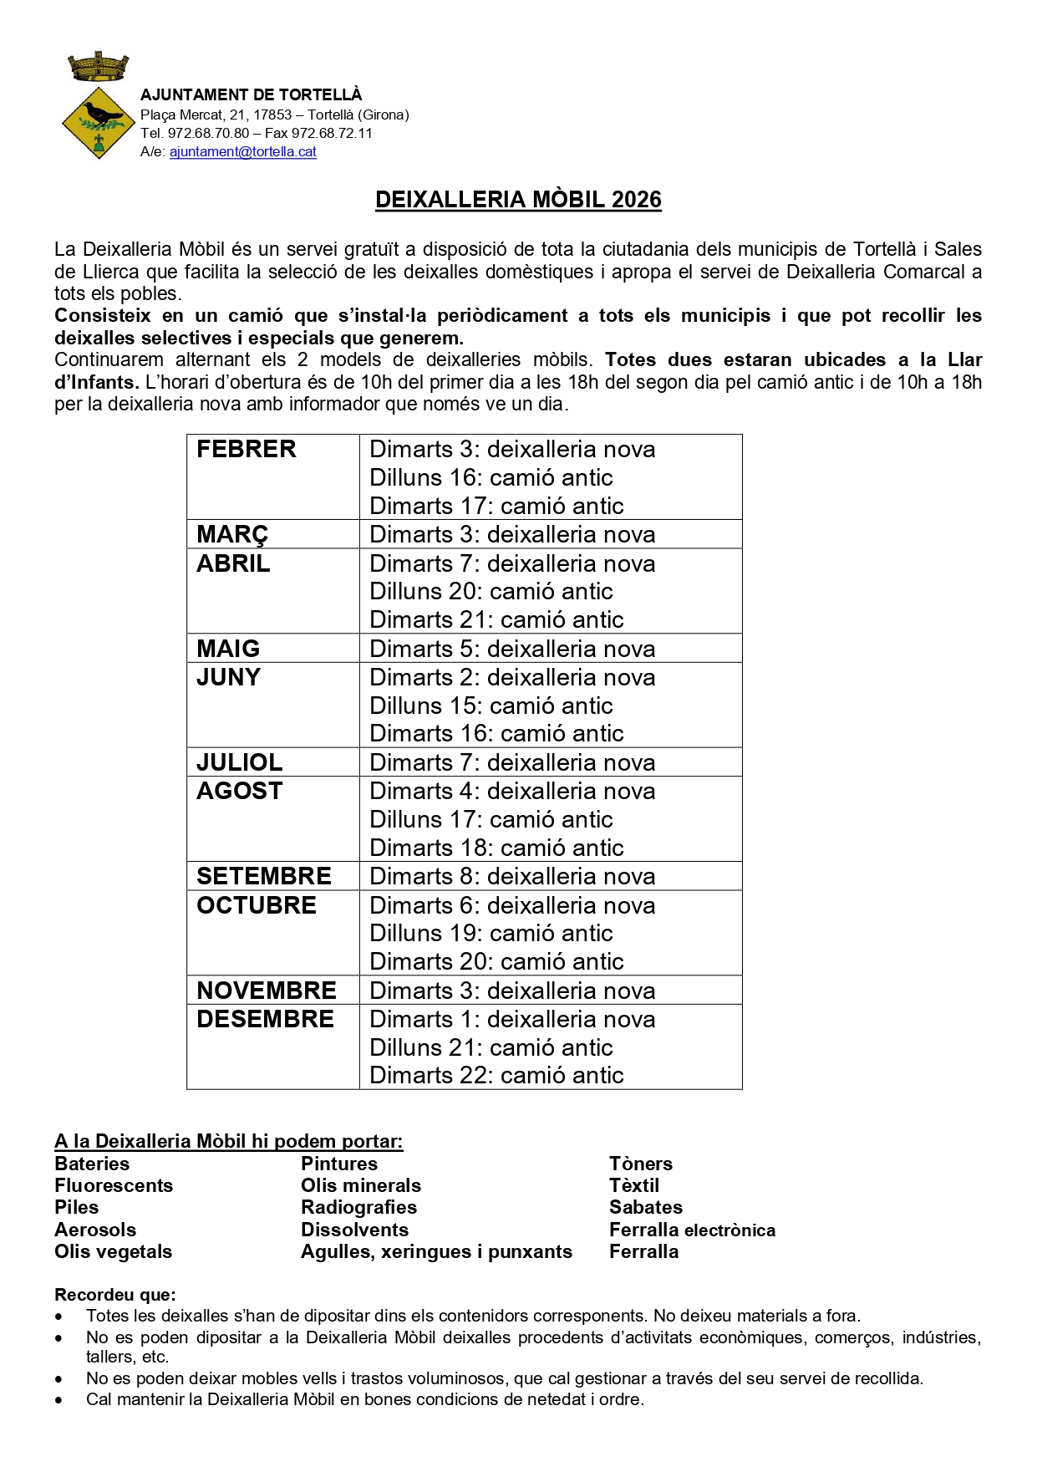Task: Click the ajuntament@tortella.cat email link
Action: tap(243, 152)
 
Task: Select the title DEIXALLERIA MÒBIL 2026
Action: tap(518, 200)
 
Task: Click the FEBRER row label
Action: tap(247, 450)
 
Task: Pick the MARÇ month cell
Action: tap(232, 535)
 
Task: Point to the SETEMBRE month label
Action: tap(264, 877)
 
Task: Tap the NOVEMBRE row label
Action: tap(267, 991)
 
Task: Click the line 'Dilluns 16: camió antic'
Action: tap(491, 478)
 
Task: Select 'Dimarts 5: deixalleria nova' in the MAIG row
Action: tap(512, 649)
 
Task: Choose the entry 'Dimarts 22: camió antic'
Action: tap(496, 1076)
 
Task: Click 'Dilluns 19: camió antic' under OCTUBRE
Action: tap(491, 934)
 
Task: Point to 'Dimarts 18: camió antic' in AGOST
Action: tap(496, 848)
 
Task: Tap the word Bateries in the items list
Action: tap(92, 1164)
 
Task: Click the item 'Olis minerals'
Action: tap(361, 1185)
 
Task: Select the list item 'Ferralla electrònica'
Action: tap(692, 1230)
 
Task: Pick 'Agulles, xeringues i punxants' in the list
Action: tap(436, 1251)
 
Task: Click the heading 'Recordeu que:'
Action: tap(115, 1295)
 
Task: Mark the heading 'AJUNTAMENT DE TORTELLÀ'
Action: tap(251, 95)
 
